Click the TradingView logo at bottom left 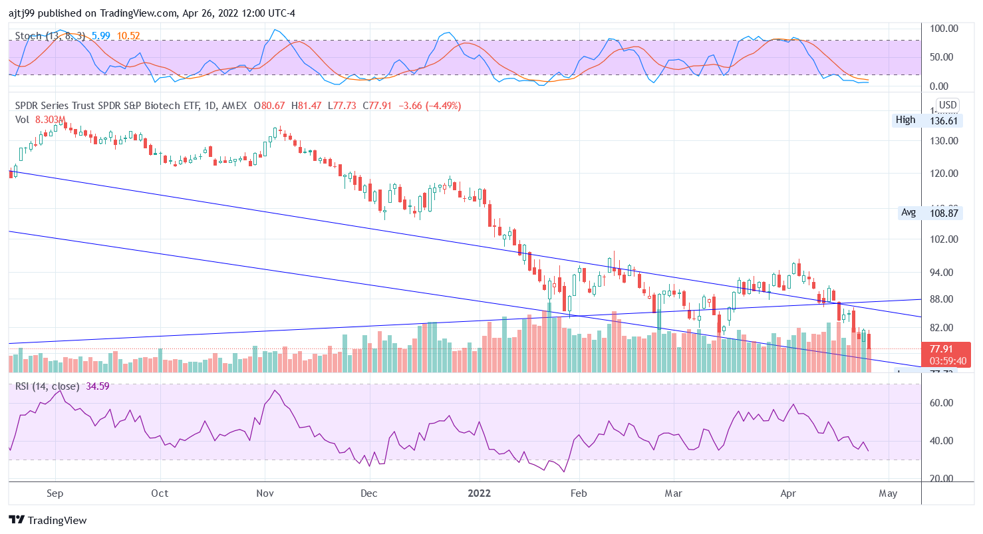click(47, 520)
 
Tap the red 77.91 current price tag click(942, 348)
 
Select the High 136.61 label click(928, 120)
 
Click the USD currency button click(947, 105)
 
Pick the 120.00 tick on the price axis click(944, 174)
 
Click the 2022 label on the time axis click(479, 493)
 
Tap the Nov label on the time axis click(265, 493)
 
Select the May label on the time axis click(888, 493)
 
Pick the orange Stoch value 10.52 click(128, 35)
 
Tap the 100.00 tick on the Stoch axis click(944, 29)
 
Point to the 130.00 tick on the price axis click(944, 141)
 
